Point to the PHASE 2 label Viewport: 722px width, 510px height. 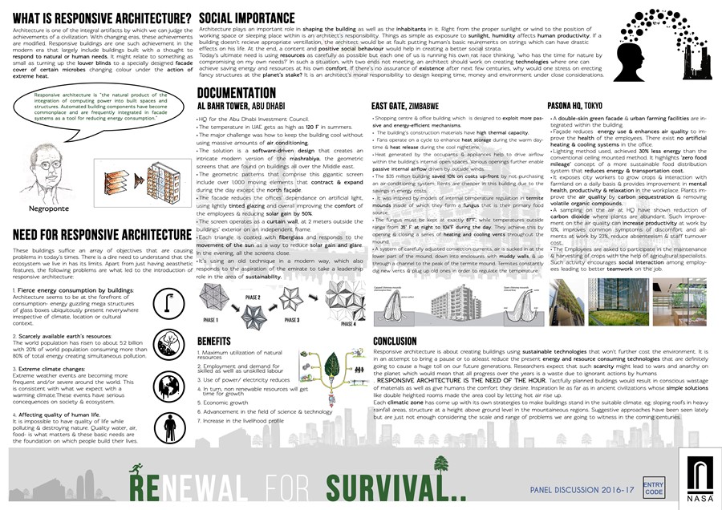(254, 297)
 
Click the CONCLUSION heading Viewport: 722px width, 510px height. (406, 341)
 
